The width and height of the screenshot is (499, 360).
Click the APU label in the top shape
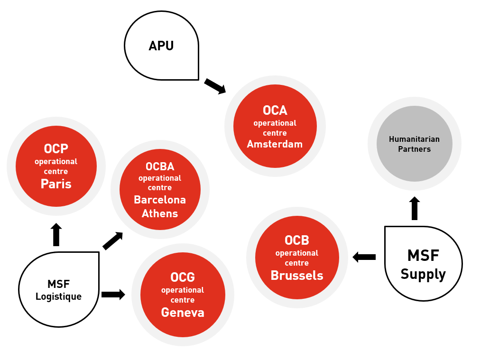(x=161, y=46)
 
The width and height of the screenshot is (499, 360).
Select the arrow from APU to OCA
(x=215, y=86)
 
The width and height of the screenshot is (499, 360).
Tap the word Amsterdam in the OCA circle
(x=275, y=144)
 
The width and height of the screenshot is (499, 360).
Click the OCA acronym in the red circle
(x=275, y=111)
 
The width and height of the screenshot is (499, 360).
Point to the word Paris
(x=56, y=184)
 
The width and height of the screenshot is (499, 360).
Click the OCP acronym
(x=56, y=149)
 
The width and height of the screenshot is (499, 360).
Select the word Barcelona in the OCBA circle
(x=160, y=200)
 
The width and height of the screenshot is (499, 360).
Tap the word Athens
(x=160, y=213)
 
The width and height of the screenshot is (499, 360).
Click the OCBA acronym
(x=160, y=167)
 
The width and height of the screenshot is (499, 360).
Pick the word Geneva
(x=183, y=313)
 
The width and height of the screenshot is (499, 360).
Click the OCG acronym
(x=183, y=277)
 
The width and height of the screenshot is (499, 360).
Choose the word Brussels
(x=297, y=276)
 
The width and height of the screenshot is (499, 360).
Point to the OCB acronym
(x=297, y=240)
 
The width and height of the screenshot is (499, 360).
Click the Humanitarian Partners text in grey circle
(x=414, y=144)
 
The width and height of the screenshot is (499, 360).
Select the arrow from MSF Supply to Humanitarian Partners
(x=415, y=208)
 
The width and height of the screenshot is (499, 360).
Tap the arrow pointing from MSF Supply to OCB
(x=364, y=257)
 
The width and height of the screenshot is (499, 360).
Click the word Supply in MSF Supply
(x=423, y=274)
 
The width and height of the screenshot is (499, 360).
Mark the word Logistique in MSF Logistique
(x=58, y=297)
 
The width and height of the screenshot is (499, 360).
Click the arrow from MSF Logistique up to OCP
(x=56, y=234)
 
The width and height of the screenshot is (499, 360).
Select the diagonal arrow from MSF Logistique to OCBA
(x=113, y=241)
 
